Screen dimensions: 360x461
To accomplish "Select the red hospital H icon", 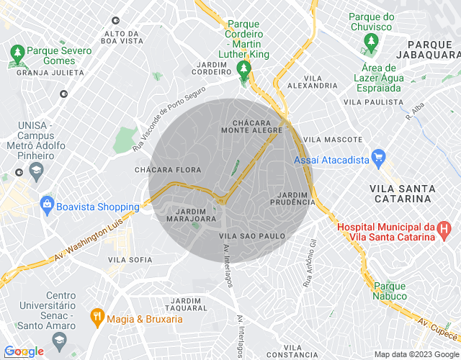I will coord(444,230).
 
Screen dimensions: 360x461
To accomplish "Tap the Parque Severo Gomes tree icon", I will coord(17,52).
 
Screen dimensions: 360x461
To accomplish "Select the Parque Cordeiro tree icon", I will coord(243,70).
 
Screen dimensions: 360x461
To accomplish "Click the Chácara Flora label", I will coord(167,170).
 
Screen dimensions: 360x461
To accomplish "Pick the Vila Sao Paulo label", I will coord(251,235).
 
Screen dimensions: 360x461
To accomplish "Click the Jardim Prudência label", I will coord(292,199).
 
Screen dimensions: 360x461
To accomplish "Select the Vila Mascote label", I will coord(333,139).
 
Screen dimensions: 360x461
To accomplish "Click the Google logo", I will coord(23,351).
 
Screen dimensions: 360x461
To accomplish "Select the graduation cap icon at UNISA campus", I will coord(35,170).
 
